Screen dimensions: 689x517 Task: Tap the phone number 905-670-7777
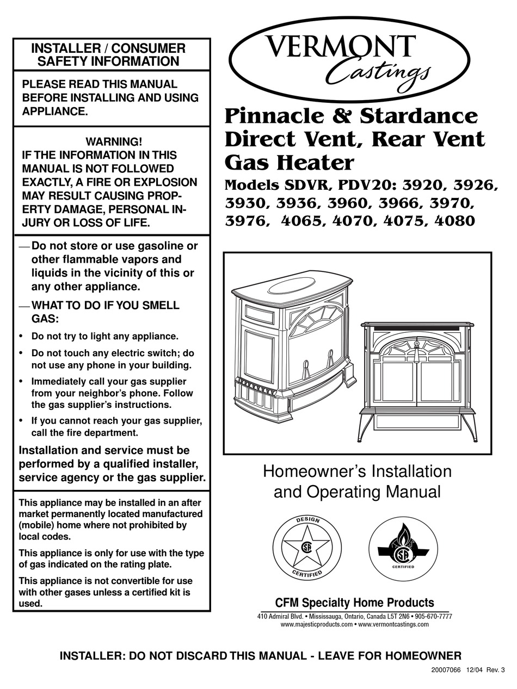point(433,617)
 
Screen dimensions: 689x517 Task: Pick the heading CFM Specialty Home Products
point(354,603)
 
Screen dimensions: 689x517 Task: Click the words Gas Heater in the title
point(289,162)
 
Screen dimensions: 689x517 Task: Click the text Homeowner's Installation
point(357,471)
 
